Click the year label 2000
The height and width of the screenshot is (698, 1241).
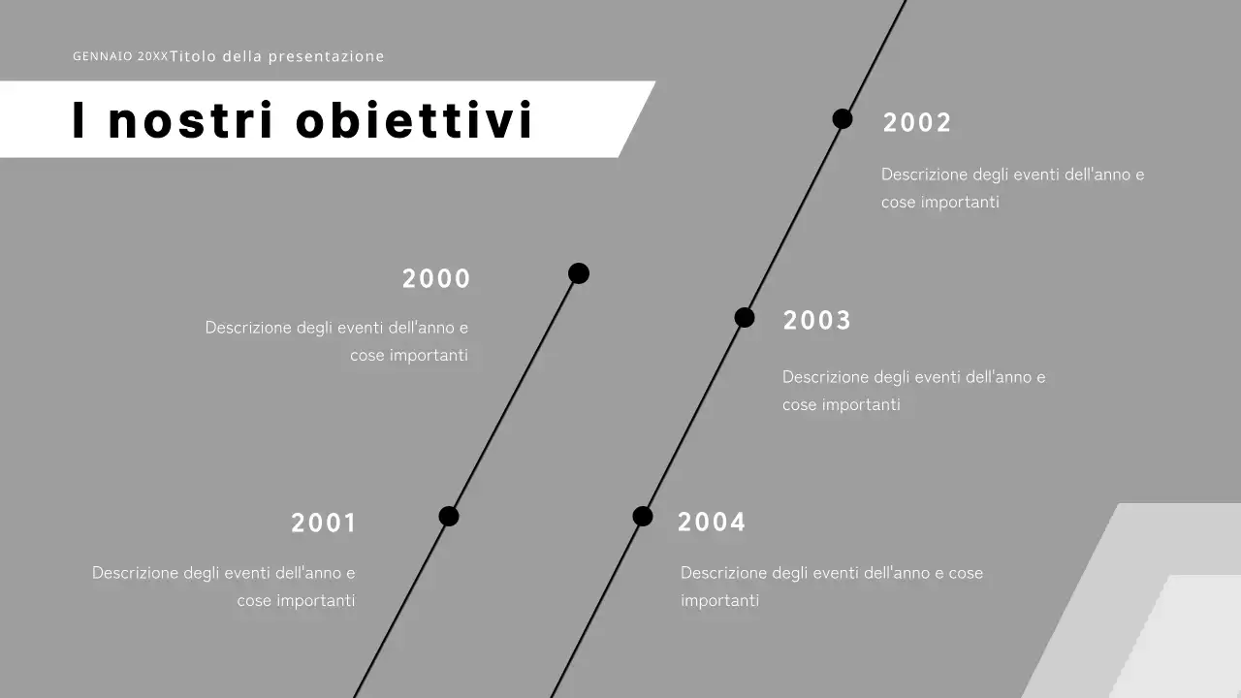point(436,279)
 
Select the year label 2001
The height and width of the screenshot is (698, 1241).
point(324,523)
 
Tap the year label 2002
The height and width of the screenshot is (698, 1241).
point(917,123)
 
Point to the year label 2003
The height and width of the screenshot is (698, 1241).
point(816,321)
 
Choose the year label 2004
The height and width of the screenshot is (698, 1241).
point(712,523)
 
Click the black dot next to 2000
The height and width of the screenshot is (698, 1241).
point(579,273)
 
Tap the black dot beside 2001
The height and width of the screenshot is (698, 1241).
point(448,516)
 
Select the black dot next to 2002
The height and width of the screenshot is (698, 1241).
point(843,118)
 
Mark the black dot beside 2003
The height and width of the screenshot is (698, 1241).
point(745,317)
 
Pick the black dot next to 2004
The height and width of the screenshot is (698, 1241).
point(643,516)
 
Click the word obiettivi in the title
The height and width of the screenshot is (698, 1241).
point(414,120)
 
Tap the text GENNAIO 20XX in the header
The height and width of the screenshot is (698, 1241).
point(119,56)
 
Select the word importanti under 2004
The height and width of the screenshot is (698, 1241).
point(719,600)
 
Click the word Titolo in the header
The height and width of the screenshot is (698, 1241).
point(193,56)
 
